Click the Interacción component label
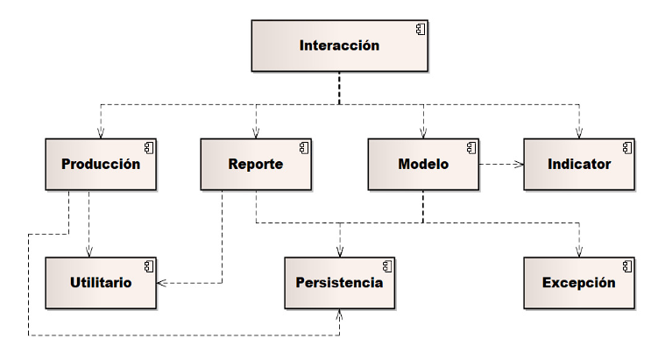[x=339, y=46]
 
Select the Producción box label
[x=101, y=164]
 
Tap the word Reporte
[x=255, y=164]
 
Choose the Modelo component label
[x=423, y=164]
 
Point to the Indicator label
[x=579, y=164]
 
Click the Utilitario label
[x=101, y=283]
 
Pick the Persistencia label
[x=339, y=283]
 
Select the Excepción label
[x=578, y=283]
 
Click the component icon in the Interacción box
[x=421, y=31]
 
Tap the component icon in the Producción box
[x=148, y=146]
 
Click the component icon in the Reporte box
[x=303, y=146]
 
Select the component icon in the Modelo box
[x=471, y=146]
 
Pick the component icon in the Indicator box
[x=626, y=146]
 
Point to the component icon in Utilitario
[x=148, y=265]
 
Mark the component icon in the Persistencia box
[x=386, y=265]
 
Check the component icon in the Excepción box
[x=626, y=265]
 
